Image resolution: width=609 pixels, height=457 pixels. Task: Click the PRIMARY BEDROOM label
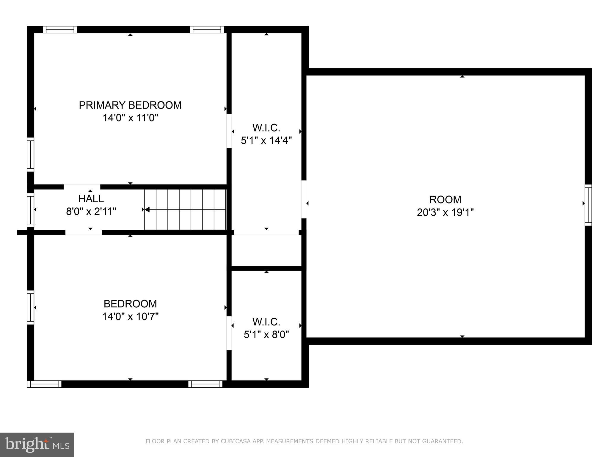point(130,105)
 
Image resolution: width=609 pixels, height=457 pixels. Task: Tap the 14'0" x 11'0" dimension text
point(130,118)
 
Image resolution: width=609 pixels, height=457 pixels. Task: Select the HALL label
point(91,198)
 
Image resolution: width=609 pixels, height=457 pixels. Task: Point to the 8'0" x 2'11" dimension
point(91,212)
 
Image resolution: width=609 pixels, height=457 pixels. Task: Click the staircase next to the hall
point(185,209)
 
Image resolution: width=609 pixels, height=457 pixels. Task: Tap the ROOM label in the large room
point(445,199)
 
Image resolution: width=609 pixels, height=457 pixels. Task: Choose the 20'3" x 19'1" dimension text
point(445,212)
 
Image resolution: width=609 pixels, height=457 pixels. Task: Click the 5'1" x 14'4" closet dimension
point(266,140)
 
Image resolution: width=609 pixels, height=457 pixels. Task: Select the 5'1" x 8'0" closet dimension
point(266,335)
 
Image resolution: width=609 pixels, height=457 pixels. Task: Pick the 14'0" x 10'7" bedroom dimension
point(130,317)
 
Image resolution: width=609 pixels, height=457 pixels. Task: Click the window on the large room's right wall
point(588,205)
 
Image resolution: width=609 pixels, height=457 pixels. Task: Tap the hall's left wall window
point(30,210)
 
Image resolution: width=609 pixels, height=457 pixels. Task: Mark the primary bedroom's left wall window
point(30,154)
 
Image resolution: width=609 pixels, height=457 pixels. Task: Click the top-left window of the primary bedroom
point(60,29)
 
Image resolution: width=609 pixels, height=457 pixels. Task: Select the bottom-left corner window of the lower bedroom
point(44,384)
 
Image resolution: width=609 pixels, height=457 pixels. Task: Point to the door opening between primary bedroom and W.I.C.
point(229,131)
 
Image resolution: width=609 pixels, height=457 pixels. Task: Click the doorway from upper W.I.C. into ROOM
point(304,199)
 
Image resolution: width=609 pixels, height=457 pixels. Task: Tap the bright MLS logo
point(37,445)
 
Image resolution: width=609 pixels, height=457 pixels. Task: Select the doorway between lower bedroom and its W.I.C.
point(229,333)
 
